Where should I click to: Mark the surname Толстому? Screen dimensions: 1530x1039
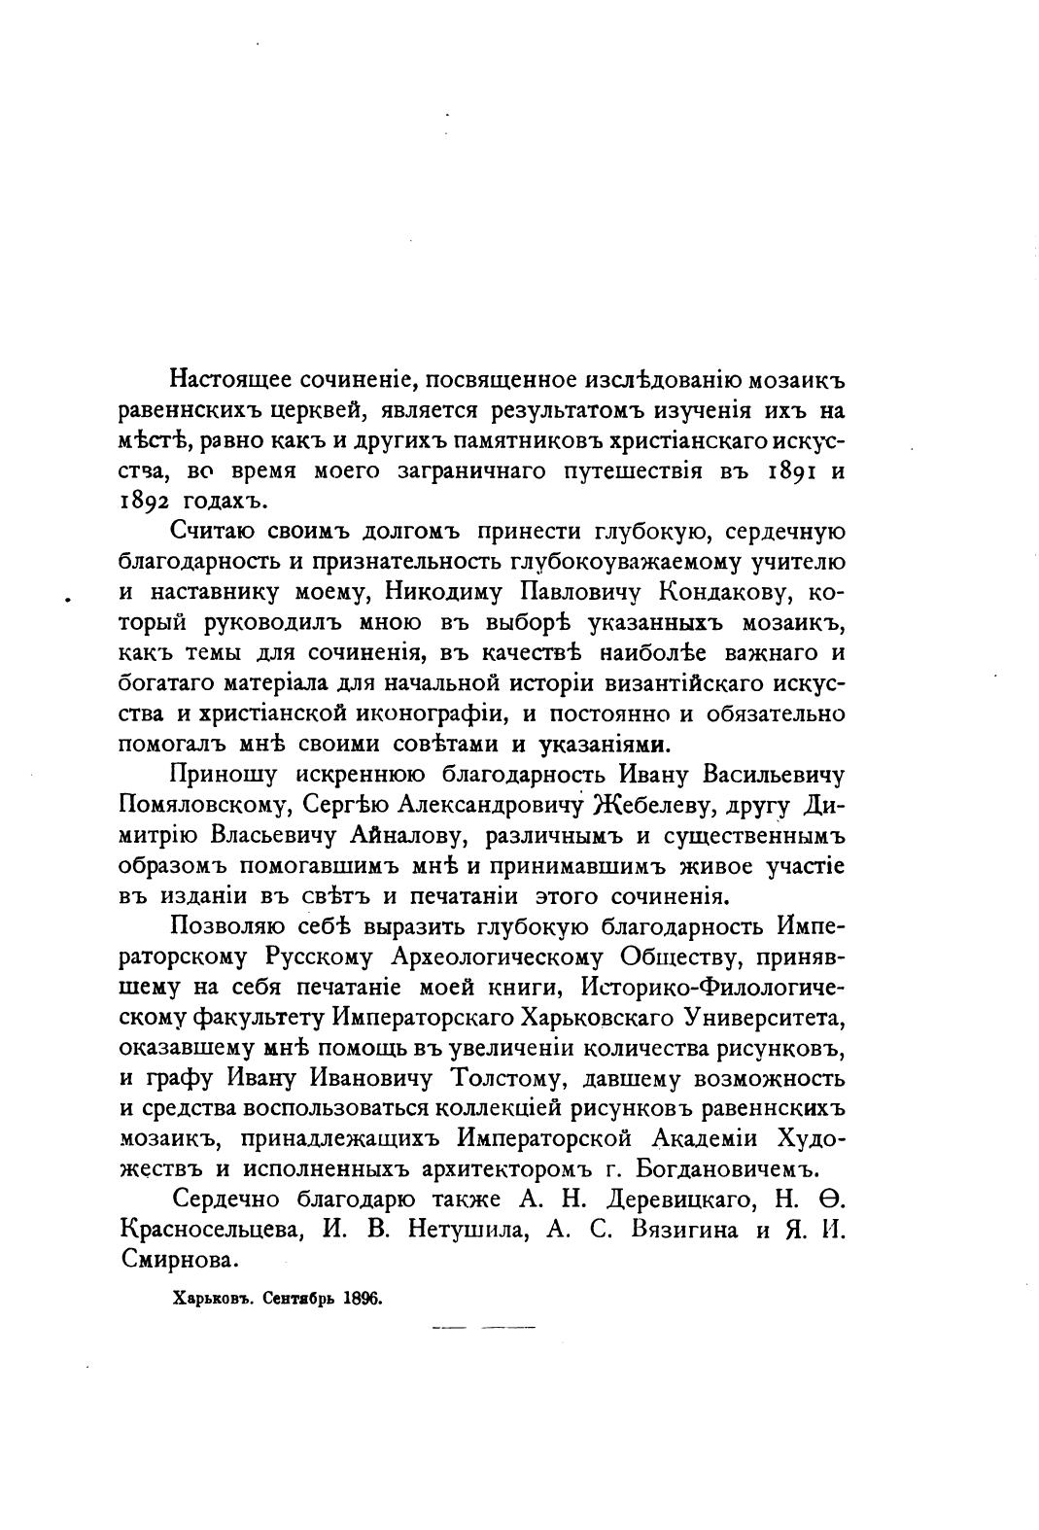pos(502,1078)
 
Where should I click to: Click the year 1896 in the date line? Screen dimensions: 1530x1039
pos(364,1298)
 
